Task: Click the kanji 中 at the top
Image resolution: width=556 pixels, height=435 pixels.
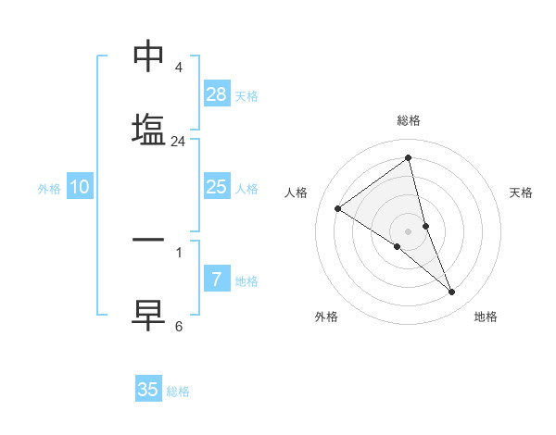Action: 148,57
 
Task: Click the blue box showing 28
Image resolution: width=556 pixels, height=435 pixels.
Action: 217,94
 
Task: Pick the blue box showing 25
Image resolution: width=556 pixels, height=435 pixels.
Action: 217,187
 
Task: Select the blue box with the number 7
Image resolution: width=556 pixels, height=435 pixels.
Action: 217,280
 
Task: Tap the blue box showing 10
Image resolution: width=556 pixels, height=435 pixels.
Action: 80,187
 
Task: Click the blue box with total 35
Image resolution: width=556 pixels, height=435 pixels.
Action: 148,390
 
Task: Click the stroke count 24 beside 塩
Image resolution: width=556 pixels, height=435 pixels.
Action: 179,142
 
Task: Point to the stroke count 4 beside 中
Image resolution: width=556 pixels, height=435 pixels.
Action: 178,68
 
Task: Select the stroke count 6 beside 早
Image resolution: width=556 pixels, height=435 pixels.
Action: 178,326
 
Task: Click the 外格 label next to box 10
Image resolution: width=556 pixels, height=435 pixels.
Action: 49,189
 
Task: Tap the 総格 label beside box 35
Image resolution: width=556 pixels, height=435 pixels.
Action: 178,391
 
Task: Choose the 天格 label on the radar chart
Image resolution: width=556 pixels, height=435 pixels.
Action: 521,193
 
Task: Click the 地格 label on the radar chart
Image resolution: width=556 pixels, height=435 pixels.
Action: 486,317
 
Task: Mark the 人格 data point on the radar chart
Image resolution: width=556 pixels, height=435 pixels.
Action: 338,209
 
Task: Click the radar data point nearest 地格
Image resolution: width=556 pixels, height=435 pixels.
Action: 452,292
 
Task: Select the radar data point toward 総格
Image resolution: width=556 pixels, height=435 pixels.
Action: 409,157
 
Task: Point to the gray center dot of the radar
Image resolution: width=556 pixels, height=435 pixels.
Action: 409,230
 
